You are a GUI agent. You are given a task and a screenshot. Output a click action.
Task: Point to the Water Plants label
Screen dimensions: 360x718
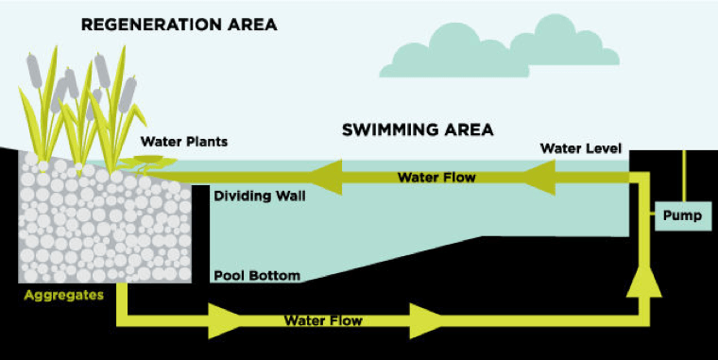click(x=185, y=142)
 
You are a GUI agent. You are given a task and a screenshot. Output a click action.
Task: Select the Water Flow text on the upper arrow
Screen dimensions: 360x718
click(x=436, y=177)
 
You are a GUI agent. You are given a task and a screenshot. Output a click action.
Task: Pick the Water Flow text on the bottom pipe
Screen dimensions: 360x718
click(x=323, y=320)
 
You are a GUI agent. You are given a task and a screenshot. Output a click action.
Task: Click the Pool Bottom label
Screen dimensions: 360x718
click(x=257, y=276)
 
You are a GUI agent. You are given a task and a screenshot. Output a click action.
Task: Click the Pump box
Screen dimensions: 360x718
click(x=681, y=215)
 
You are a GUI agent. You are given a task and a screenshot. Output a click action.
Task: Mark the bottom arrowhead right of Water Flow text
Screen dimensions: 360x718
click(x=426, y=319)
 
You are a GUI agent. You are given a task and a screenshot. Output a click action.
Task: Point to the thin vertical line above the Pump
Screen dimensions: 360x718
click(x=683, y=175)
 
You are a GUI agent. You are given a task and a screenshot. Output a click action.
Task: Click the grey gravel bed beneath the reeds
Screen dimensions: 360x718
click(x=104, y=227)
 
